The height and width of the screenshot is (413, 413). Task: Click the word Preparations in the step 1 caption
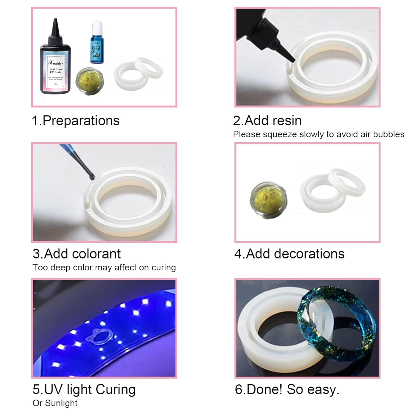click(81, 121)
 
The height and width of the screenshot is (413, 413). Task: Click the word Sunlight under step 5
click(61, 403)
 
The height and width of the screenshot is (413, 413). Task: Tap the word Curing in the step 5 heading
click(116, 390)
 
